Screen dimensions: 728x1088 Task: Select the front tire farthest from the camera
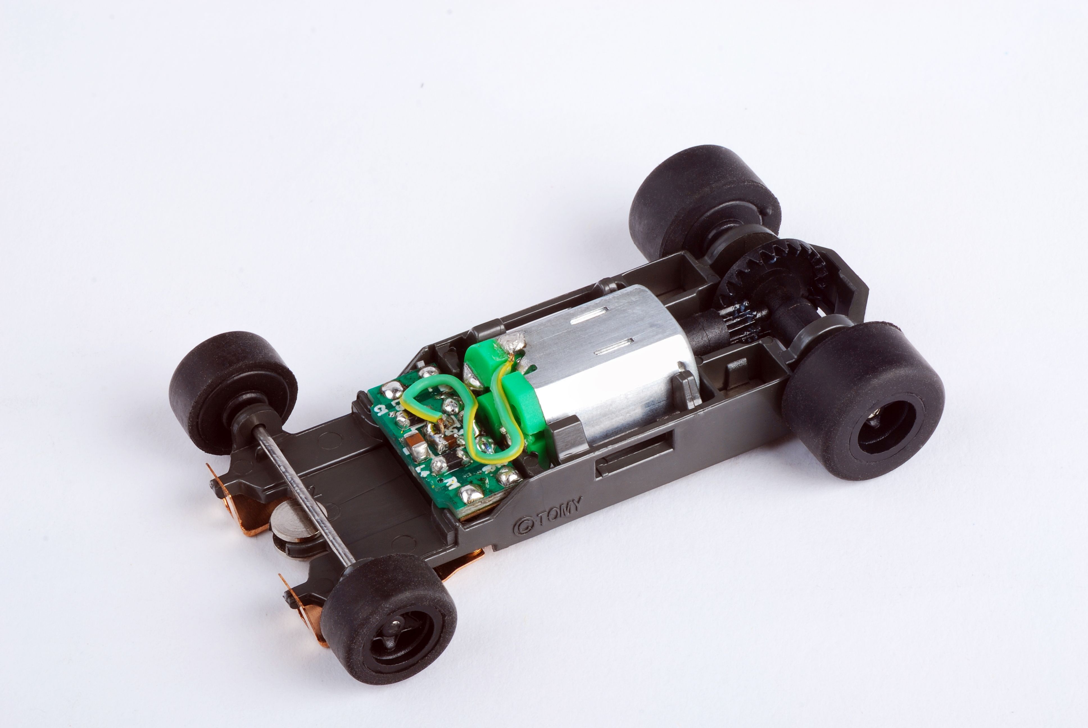(232, 390)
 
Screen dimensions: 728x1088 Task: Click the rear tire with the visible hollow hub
(864, 404)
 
